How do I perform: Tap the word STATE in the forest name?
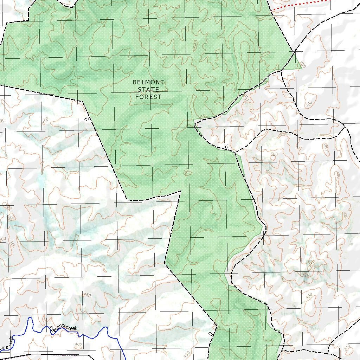(x=148, y=90)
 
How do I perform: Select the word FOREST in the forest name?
(x=148, y=97)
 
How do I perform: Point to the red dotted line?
(x=302, y=4)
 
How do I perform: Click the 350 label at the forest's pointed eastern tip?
(x=301, y=65)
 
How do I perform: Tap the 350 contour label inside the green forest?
(x=202, y=116)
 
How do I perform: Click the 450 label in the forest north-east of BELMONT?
(x=195, y=45)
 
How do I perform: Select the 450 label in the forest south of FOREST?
(x=186, y=172)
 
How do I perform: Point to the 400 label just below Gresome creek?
(x=78, y=344)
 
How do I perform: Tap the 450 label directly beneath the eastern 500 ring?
(x=306, y=274)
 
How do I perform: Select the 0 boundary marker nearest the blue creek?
(x=210, y=333)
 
